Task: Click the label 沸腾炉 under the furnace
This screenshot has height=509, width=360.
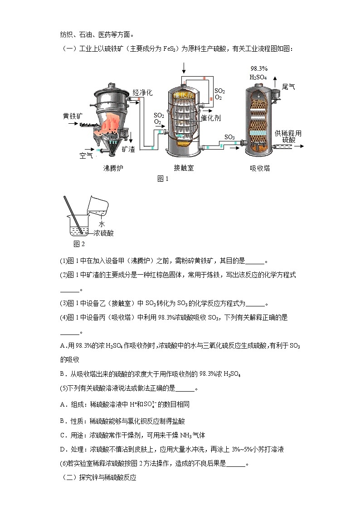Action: (x=113, y=168)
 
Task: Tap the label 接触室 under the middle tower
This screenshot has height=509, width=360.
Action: (x=184, y=168)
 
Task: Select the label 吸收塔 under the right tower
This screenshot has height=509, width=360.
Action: (x=260, y=168)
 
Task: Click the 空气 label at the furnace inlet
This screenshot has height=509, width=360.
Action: (x=86, y=155)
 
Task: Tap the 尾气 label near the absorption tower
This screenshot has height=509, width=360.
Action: (x=289, y=86)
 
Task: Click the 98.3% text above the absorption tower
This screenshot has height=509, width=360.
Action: (x=259, y=68)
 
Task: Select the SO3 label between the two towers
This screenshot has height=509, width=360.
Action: (x=229, y=137)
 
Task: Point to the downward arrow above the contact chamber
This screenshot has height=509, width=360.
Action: (x=184, y=68)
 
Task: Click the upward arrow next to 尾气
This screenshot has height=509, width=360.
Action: (x=277, y=82)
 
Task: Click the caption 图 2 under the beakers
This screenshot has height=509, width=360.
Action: (x=79, y=244)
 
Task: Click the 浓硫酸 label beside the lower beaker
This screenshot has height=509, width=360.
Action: (x=103, y=233)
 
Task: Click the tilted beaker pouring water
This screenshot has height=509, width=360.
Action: (x=98, y=206)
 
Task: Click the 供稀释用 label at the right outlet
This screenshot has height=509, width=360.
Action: (x=288, y=133)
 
